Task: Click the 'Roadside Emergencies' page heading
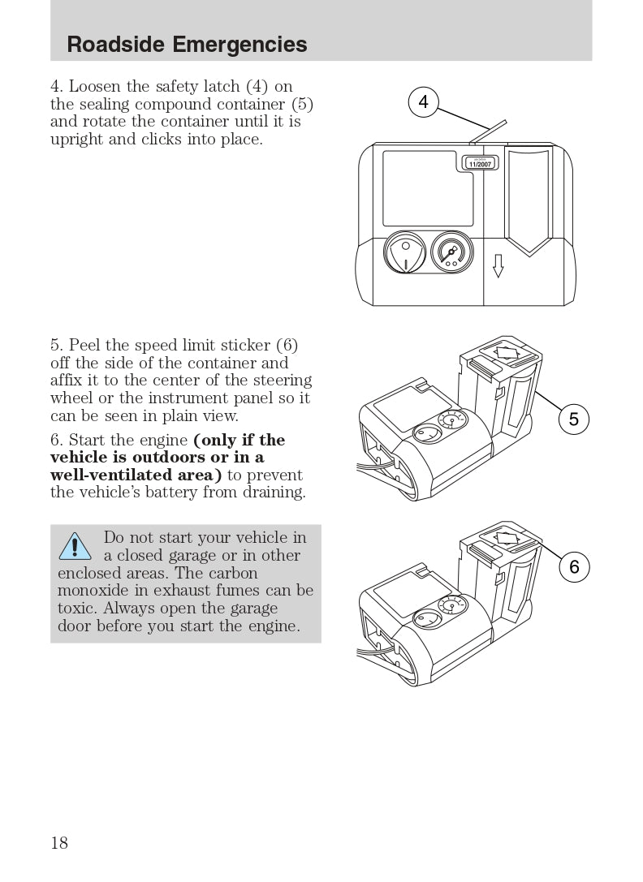(187, 44)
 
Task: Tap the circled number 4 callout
(424, 101)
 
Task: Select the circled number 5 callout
(574, 419)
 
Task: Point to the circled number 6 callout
(574, 566)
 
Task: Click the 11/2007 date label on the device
(481, 164)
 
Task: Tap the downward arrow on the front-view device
(498, 265)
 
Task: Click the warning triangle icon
(75, 546)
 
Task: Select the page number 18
(59, 842)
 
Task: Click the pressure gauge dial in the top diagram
(451, 252)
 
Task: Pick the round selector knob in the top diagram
(404, 252)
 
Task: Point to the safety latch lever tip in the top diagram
(504, 122)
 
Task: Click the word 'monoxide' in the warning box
(95, 590)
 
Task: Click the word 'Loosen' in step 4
(95, 86)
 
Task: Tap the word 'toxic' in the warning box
(76, 608)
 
